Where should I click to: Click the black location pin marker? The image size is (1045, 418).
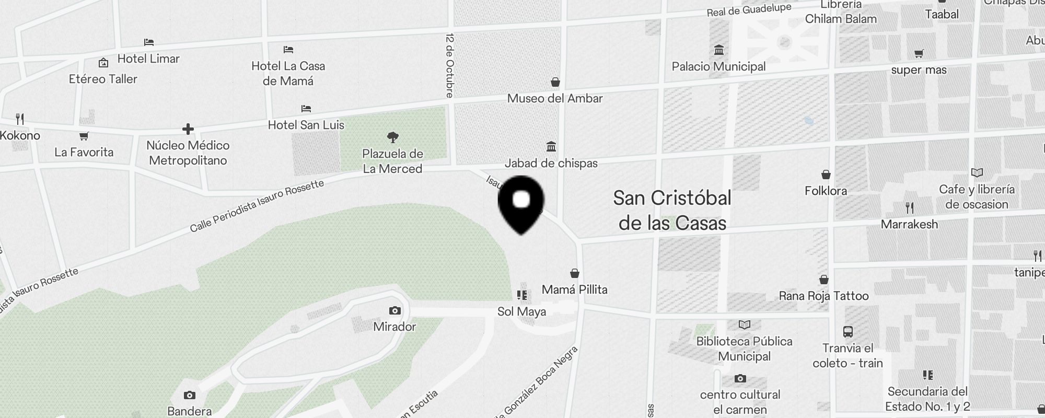pyautogui.click(x=521, y=204)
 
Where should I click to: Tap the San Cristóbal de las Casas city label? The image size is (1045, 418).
pyautogui.click(x=672, y=211)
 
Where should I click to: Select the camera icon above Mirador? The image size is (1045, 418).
pyautogui.click(x=394, y=311)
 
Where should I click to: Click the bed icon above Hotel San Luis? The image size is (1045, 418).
pyautogui.click(x=306, y=109)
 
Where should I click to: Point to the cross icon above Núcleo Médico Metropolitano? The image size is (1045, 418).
pyautogui.click(x=188, y=129)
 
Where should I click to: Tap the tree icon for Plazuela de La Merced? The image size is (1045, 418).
pyautogui.click(x=393, y=137)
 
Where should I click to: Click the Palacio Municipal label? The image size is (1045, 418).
pyautogui.click(x=718, y=66)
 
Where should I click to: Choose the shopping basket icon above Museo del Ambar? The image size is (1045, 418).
pyautogui.click(x=555, y=82)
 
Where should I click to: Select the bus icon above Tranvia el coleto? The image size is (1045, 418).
pyautogui.click(x=847, y=332)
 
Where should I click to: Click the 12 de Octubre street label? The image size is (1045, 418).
pyautogui.click(x=450, y=66)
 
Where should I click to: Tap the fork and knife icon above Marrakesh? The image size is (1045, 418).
pyautogui.click(x=910, y=208)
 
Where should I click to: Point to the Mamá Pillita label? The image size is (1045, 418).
pyautogui.click(x=574, y=289)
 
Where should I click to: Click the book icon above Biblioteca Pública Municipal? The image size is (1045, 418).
pyautogui.click(x=744, y=325)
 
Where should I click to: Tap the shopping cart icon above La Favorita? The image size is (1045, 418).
pyautogui.click(x=84, y=136)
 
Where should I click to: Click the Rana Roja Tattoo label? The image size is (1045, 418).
pyautogui.click(x=823, y=296)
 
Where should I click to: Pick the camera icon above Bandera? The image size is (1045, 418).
pyautogui.click(x=190, y=396)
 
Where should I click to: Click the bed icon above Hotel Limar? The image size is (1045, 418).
pyautogui.click(x=149, y=42)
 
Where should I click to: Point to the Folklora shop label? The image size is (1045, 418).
pyautogui.click(x=826, y=191)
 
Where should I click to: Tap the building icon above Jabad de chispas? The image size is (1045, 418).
pyautogui.click(x=551, y=146)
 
